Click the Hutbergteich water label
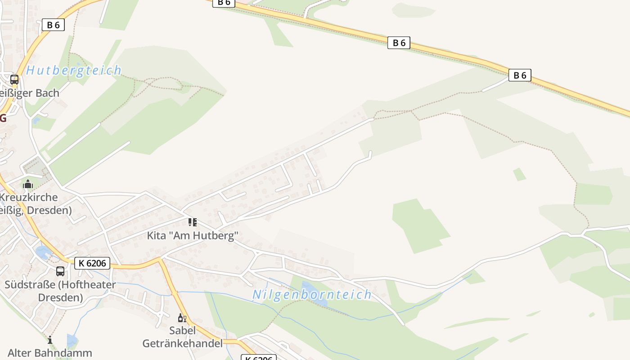pos(74,70)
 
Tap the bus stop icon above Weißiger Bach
pos(14,80)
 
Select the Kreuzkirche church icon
pos(28,184)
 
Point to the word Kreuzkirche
pos(29,197)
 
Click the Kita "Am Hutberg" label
pos(192,235)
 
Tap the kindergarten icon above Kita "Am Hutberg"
pos(192,222)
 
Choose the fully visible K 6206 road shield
pos(92,263)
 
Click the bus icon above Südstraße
pos(60,271)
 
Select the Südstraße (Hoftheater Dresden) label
pos(60,291)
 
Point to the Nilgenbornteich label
pos(312,295)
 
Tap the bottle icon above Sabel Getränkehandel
pos(182,318)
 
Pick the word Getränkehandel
pos(182,343)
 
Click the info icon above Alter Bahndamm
pos(50,340)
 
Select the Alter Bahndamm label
pos(50,353)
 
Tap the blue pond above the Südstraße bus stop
pos(43,252)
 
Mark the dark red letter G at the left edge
pos(3,118)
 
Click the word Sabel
pos(182,330)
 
